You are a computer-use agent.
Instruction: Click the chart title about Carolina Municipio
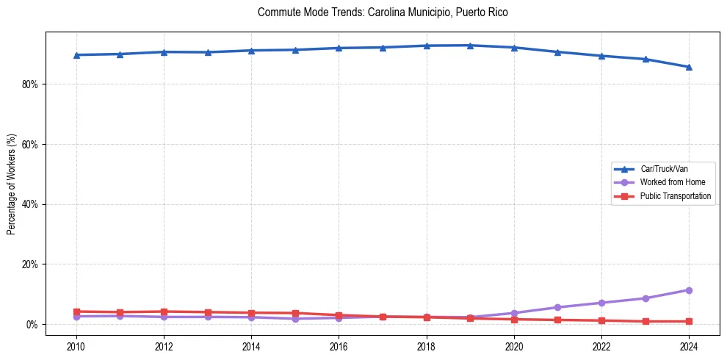[x=383, y=12]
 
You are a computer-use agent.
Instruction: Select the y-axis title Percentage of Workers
[x=11, y=184]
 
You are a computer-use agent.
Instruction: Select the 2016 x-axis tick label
[x=339, y=345]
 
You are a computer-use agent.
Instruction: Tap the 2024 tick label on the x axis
[x=689, y=345]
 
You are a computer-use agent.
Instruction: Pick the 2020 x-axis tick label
[x=514, y=345]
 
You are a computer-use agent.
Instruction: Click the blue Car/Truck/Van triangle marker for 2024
[x=689, y=67]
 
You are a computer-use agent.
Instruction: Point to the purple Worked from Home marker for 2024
[x=689, y=290]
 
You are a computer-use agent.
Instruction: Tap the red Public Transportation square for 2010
[x=76, y=312]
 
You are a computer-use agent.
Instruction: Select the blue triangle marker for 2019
[x=470, y=46]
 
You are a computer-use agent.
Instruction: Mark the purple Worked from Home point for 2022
[x=601, y=303]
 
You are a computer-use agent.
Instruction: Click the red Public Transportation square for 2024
[x=689, y=321]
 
